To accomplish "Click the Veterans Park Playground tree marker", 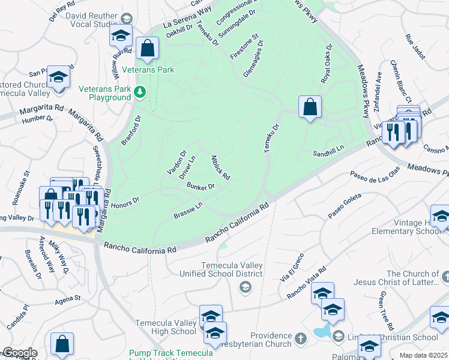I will (140, 92).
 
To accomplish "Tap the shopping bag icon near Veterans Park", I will (147, 49).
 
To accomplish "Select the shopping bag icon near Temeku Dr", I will (310, 107).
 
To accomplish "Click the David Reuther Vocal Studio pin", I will (126, 19).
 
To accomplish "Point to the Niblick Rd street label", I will (220, 168).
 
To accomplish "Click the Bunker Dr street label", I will (200, 186).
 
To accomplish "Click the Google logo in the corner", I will (19, 353).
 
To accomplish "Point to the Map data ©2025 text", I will (423, 355).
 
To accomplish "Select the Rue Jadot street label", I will (415, 47).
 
